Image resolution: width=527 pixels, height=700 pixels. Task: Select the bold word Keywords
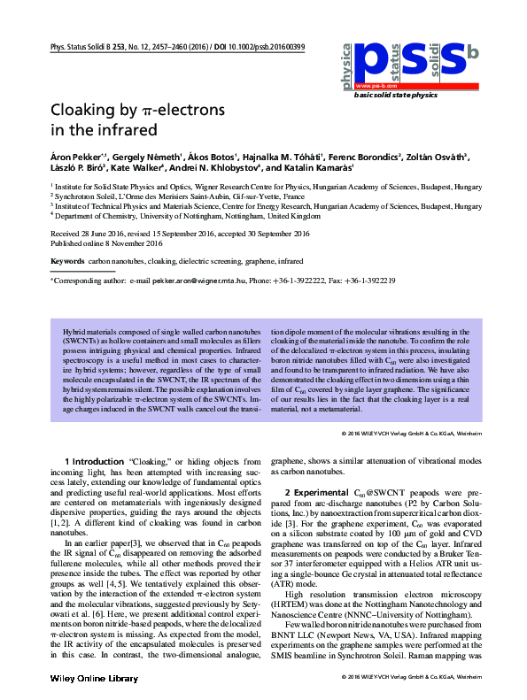[68, 263]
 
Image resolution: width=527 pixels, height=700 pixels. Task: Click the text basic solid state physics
[395, 94]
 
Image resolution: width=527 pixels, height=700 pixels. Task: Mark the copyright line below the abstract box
[411, 435]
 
